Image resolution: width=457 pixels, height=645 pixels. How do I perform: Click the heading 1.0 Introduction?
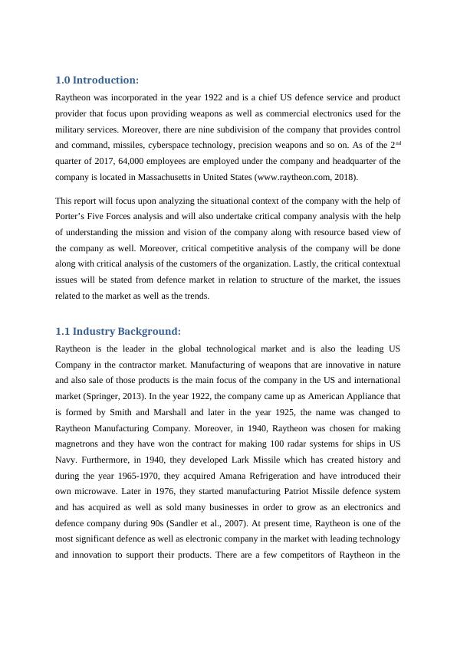tap(97, 80)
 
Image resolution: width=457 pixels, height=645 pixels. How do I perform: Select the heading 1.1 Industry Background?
tap(118, 331)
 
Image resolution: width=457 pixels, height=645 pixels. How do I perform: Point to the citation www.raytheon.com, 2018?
tap(297, 177)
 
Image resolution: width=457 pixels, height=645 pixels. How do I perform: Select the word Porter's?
tap(74, 216)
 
